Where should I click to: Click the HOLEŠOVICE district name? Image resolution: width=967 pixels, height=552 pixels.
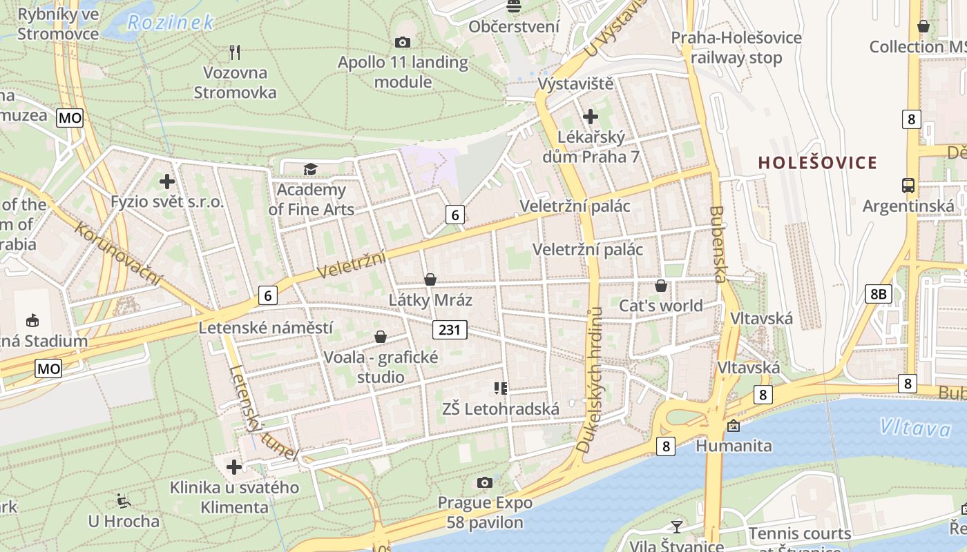point(818,163)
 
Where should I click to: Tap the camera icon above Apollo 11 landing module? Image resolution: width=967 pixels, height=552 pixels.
point(402,43)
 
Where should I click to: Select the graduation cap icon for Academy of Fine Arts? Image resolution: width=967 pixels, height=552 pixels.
point(310,169)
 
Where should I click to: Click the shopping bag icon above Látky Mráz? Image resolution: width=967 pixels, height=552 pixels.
point(430,279)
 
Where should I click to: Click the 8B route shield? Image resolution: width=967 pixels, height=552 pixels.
point(878,294)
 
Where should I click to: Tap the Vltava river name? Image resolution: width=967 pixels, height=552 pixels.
point(915,428)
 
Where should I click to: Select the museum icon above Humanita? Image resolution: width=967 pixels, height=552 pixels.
point(733,426)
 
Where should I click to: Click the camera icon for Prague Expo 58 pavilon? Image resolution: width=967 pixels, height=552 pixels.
point(485,482)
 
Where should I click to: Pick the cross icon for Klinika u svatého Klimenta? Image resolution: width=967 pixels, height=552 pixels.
point(234,467)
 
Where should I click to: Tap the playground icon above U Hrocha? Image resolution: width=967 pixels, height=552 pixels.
point(124,500)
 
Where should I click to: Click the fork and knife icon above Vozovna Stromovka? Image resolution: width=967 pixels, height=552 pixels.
point(235,52)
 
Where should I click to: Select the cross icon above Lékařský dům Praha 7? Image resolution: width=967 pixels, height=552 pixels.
point(591,117)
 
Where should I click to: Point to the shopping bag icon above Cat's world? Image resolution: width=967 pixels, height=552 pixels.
point(661,286)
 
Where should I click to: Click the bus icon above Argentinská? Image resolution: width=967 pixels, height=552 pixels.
point(908,185)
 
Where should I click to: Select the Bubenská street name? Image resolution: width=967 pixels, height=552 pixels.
point(718,244)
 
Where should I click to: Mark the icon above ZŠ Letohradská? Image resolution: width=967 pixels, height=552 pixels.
point(501,388)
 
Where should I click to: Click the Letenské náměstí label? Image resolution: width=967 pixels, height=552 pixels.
point(266,328)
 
